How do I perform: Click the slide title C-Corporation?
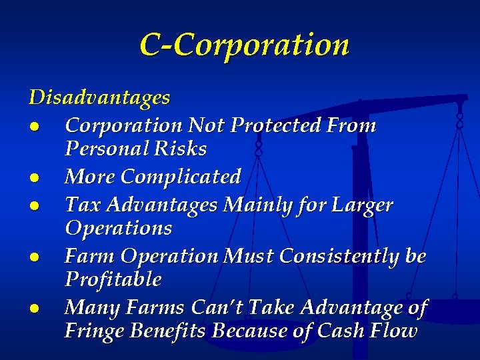click(x=244, y=45)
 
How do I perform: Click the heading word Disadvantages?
click(x=99, y=98)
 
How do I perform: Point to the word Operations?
click(x=118, y=229)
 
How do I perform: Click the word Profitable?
click(x=113, y=280)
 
